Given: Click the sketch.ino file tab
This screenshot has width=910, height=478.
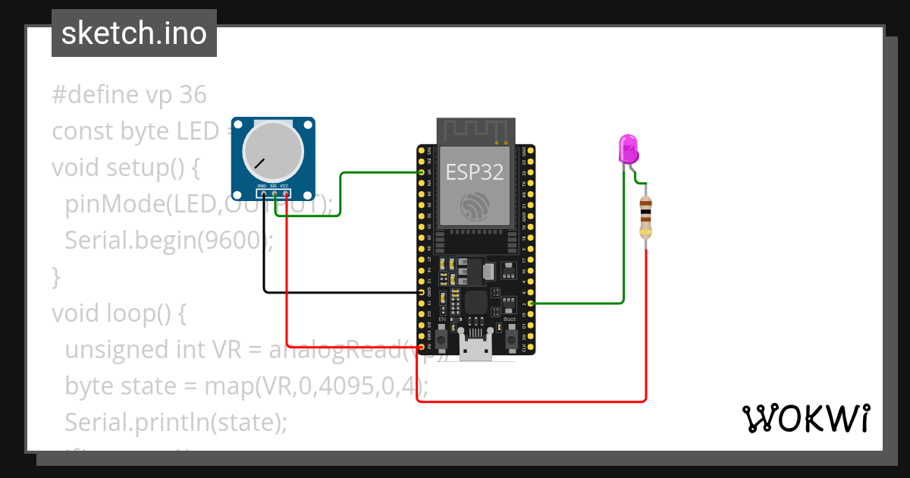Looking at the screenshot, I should tap(134, 33).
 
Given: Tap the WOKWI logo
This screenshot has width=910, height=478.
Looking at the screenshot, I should tap(805, 418).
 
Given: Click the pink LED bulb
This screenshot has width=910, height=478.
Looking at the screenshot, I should tap(629, 149).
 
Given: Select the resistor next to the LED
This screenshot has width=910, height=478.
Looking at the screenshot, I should tap(645, 217).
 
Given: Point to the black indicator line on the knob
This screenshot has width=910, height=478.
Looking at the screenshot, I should tap(260, 162).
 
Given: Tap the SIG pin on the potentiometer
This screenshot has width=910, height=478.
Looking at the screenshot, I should tap(274, 193).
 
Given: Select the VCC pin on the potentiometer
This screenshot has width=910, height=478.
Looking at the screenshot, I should tap(285, 193).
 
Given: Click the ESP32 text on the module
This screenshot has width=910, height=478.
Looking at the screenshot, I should tap(474, 172).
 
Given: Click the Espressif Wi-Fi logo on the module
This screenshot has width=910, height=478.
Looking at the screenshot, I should tap(475, 205).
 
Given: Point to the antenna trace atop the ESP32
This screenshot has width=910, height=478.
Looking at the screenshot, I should tap(475, 131).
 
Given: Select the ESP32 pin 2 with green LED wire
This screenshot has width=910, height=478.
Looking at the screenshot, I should tap(531, 303).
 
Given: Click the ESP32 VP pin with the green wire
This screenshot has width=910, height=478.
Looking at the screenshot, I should tap(422, 172).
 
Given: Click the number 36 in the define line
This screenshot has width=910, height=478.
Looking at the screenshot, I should tap(193, 95).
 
